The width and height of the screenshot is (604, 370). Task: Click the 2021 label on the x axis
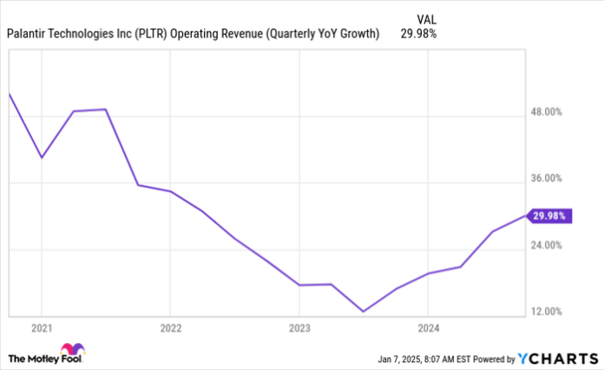coord(41,329)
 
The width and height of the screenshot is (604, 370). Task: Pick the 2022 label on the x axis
coord(170,329)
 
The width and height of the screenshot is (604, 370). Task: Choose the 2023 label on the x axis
coord(299,329)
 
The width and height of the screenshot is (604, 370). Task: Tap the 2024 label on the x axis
coord(427,329)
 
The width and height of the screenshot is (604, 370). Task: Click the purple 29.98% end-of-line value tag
coord(550,215)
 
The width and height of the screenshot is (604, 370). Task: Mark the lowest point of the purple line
coord(364,311)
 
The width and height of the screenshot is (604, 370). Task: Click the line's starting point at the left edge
coord(9,93)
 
